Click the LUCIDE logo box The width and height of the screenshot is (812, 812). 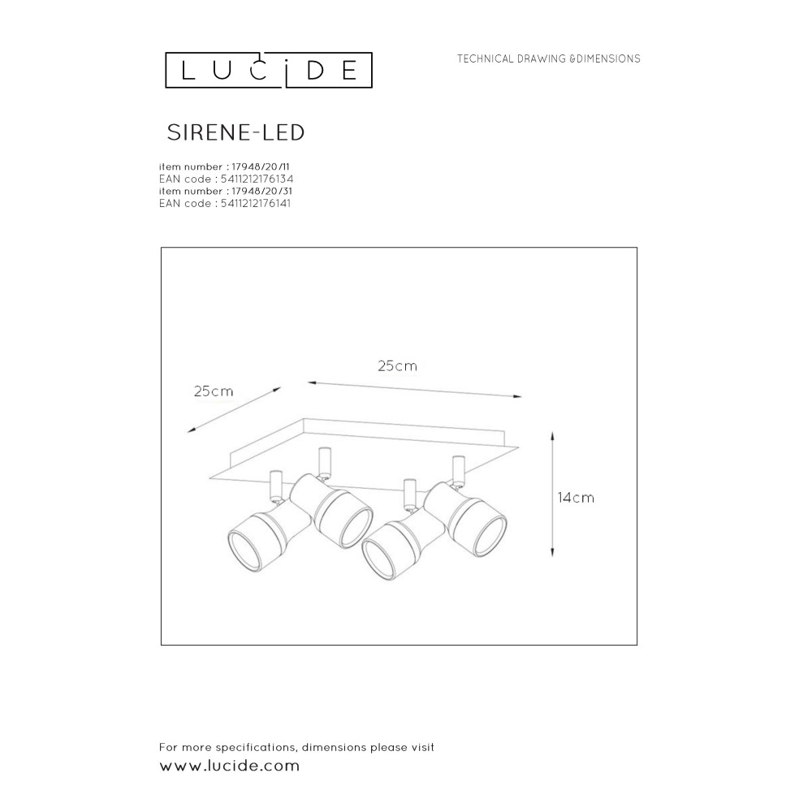pyautogui.click(x=269, y=52)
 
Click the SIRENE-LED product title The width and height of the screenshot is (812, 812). pyautogui.click(x=235, y=132)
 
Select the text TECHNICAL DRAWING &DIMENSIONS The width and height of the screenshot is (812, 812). pyautogui.click(x=548, y=59)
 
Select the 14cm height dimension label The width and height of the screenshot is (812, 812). pyautogui.click(x=576, y=498)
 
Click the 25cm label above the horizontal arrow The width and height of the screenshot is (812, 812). pyautogui.click(x=397, y=366)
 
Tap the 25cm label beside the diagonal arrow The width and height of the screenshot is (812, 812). pyautogui.click(x=214, y=391)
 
